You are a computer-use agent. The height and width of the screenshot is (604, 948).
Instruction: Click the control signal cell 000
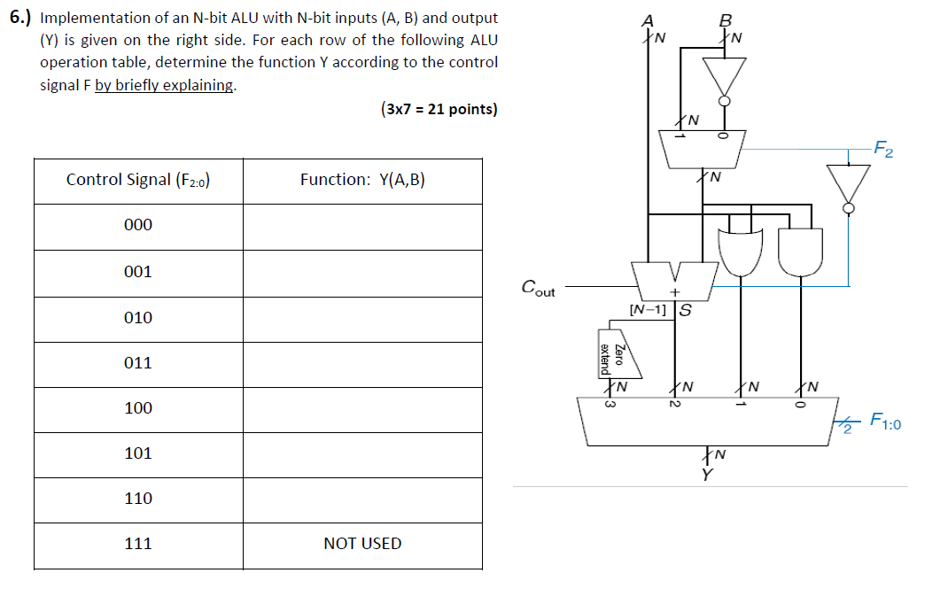[x=138, y=225]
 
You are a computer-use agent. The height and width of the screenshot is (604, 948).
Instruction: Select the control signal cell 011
[x=138, y=362]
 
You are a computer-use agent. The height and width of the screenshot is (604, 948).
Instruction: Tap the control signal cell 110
[x=138, y=499]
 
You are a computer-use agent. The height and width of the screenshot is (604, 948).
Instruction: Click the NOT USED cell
[x=362, y=544]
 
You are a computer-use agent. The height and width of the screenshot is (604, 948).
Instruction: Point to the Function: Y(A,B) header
[x=362, y=180]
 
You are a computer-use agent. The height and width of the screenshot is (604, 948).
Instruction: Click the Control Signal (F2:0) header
[x=138, y=180]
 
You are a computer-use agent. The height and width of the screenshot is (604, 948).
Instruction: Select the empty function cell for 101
[x=362, y=453]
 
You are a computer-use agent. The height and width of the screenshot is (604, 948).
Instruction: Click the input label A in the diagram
[x=649, y=21]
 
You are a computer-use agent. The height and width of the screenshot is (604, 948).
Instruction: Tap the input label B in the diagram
[x=726, y=21]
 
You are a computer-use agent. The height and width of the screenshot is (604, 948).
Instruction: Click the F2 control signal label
[x=882, y=147]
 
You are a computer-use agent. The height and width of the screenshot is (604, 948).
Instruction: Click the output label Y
[x=706, y=476]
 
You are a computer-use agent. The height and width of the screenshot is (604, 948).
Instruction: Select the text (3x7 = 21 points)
[x=439, y=110]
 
